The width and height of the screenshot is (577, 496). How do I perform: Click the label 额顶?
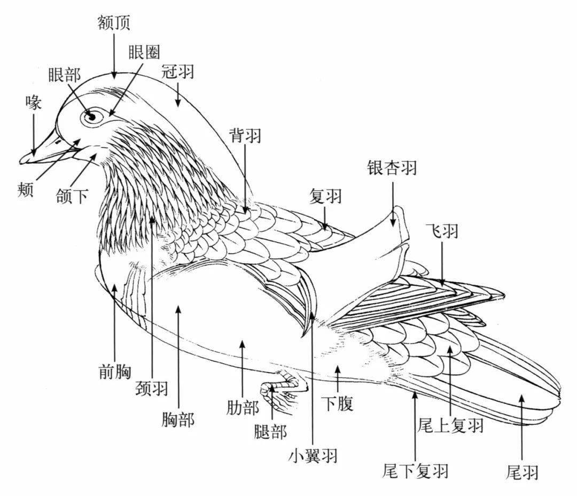coord(114,22)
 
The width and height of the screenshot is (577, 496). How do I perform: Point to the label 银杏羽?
coord(392,168)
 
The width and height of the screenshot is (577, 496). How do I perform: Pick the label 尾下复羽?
coord(415,471)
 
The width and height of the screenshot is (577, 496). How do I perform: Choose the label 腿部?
coord(270,431)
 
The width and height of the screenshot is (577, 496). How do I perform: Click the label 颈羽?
coord(152,389)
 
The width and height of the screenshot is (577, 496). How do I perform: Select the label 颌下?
coord(73,197)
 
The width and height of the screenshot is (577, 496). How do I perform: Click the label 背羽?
coord(245,135)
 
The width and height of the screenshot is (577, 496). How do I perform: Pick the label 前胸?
coord(115,370)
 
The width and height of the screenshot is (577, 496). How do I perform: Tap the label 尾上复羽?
coord(450,426)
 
